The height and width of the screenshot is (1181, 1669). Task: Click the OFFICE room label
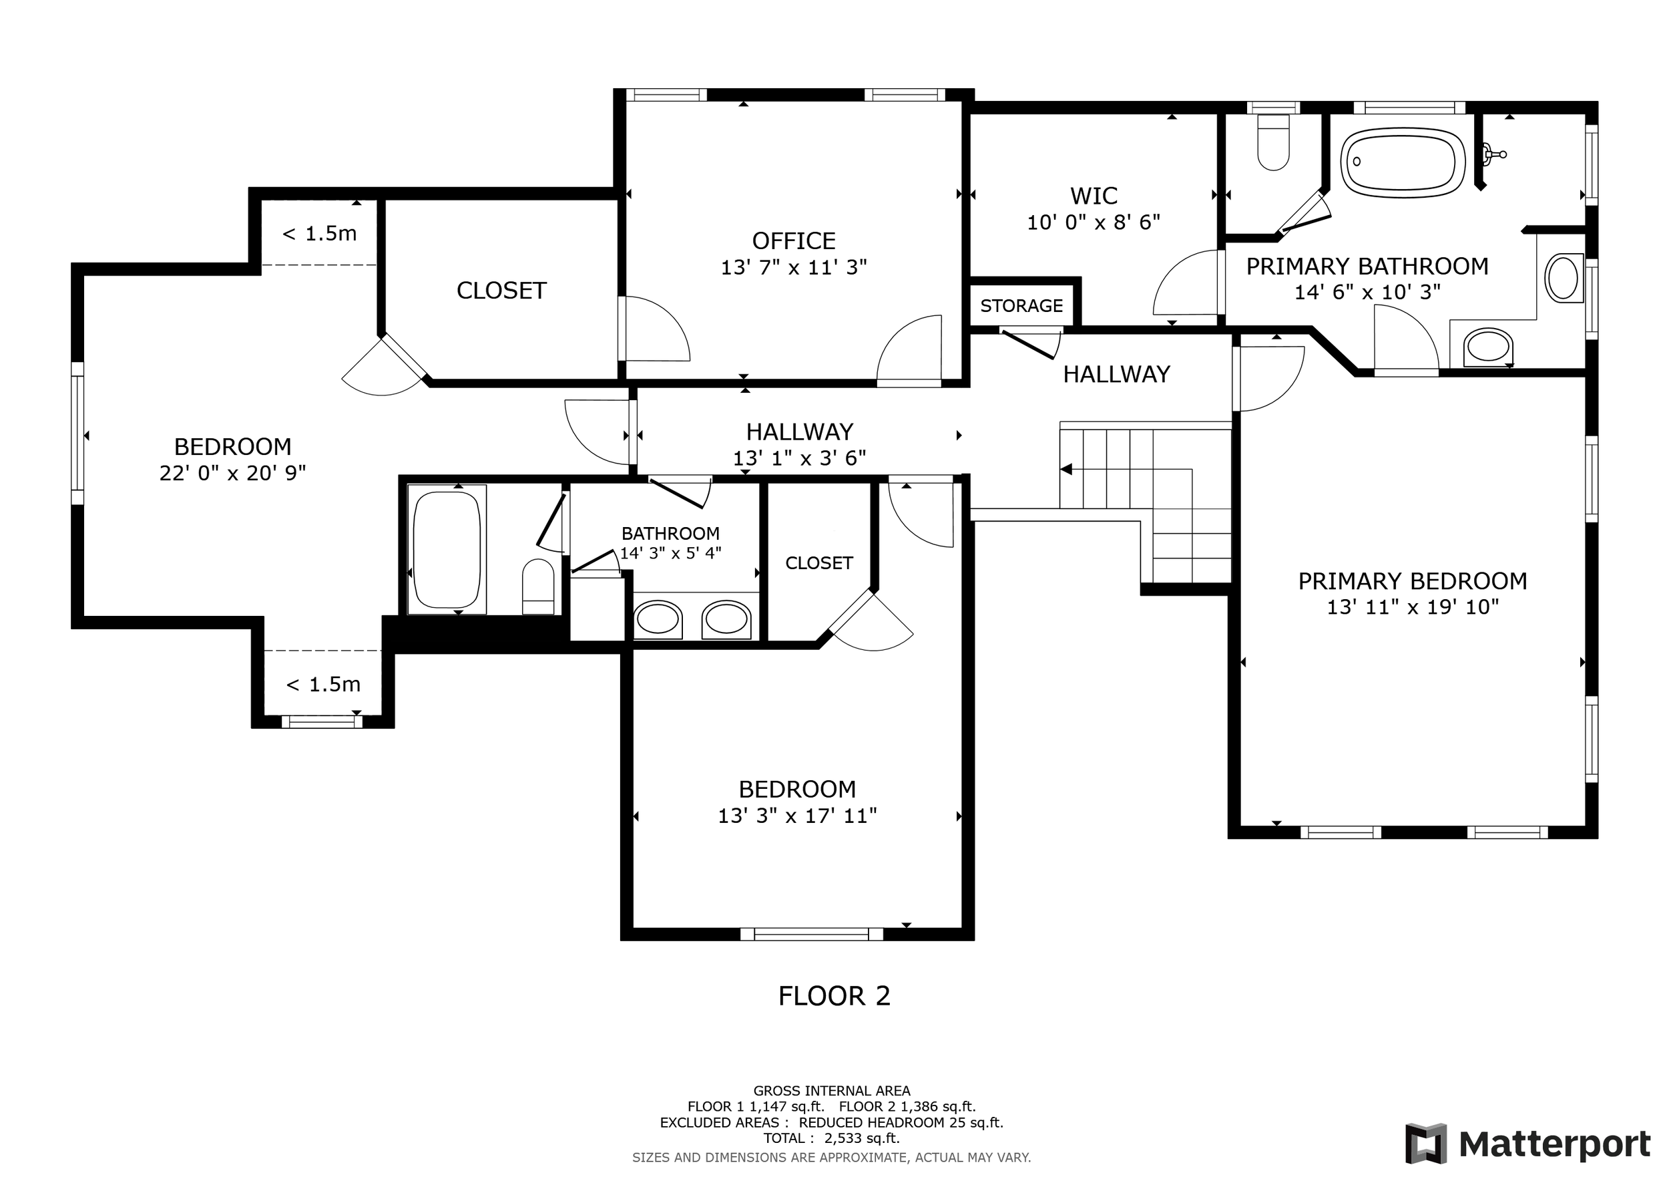794,240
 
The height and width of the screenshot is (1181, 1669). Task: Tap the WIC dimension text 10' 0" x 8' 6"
1094,222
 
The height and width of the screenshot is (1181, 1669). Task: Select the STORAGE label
1021,305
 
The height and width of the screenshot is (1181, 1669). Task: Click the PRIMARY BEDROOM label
1413,581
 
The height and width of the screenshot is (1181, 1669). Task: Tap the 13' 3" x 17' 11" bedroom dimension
797,816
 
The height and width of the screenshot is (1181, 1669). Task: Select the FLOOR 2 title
834,996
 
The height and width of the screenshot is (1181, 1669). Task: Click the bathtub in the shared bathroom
447,550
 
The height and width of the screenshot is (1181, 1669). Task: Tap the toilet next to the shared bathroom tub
538,586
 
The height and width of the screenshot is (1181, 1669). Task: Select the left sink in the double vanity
658,620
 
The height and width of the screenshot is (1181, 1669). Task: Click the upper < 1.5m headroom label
319,233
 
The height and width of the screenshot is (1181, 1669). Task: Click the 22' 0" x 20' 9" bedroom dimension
232,474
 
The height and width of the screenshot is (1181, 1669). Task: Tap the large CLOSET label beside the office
501,291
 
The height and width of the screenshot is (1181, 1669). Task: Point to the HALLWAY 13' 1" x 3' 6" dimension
800,458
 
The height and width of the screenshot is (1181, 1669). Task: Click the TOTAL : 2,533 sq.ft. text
832,1138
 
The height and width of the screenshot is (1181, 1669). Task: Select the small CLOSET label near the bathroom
819,563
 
